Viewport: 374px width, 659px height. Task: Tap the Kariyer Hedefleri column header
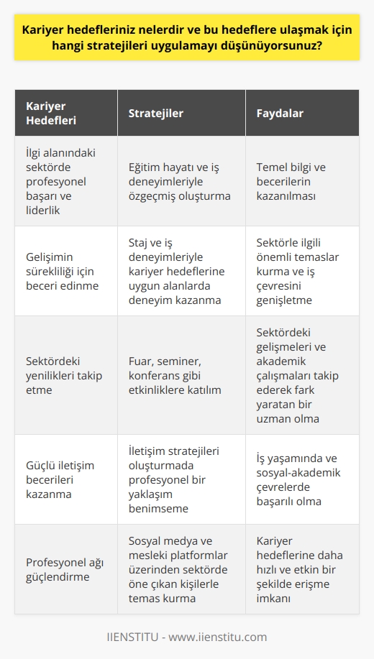pyautogui.click(x=50, y=114)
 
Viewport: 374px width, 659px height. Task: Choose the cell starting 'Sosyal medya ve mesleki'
pyautogui.click(x=181, y=569)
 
